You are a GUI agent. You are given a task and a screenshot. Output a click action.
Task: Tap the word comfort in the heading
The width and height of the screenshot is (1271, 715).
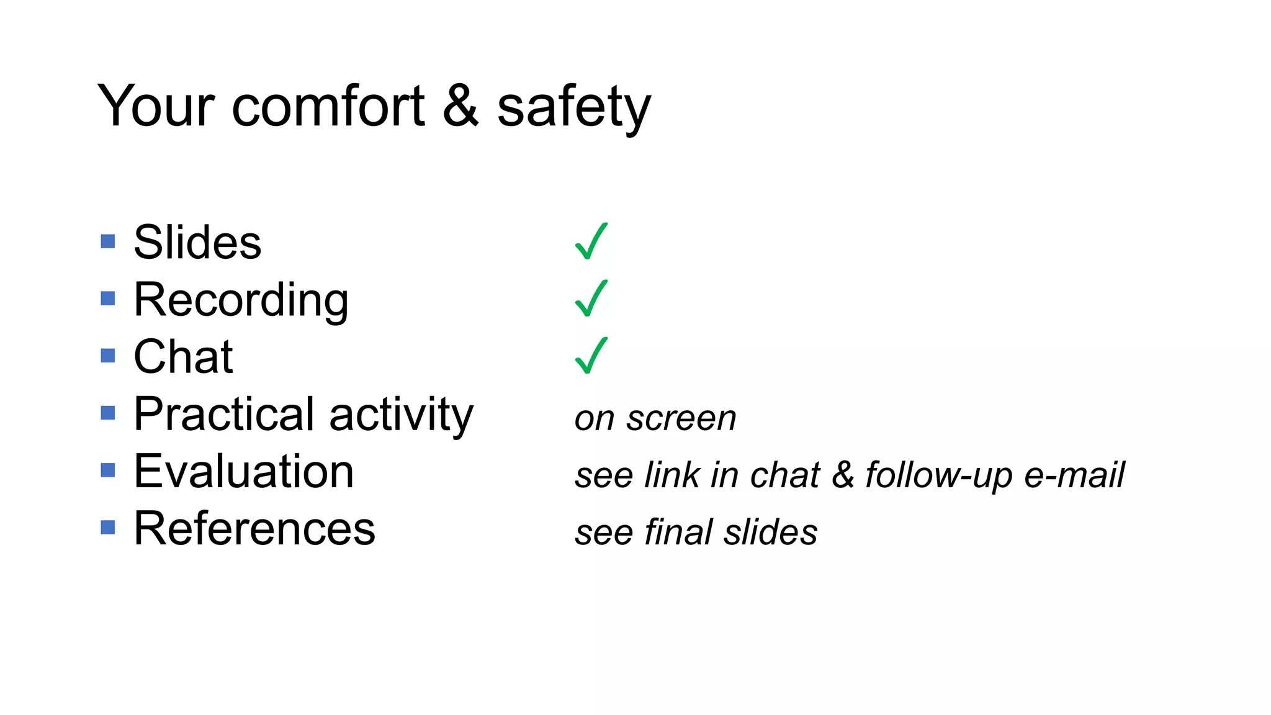click(328, 106)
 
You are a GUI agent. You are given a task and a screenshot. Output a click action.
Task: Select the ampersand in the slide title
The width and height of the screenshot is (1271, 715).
click(460, 106)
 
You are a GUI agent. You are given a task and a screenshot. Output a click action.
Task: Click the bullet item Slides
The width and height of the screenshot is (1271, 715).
click(197, 242)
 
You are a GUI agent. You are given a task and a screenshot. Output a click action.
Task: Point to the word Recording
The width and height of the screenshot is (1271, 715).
click(241, 300)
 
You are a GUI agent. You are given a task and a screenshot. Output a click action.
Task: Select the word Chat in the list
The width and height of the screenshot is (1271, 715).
click(183, 357)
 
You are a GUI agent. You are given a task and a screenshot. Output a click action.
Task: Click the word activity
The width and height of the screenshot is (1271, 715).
click(402, 414)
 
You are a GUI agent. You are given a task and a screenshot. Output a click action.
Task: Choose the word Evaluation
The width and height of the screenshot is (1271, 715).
click(244, 472)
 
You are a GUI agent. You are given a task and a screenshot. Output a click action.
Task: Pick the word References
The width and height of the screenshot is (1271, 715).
click(254, 529)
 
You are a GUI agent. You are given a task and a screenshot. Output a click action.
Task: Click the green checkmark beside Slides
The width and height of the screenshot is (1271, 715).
click(591, 241)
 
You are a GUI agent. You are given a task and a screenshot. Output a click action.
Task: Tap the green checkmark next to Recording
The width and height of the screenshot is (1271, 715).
click(591, 299)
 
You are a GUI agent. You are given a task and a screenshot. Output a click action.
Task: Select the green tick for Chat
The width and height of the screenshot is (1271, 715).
click(591, 356)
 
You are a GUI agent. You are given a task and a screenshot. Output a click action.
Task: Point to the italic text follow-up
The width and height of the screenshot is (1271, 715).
click(939, 475)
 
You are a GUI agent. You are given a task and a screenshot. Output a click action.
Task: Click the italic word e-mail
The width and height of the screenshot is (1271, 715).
click(1074, 475)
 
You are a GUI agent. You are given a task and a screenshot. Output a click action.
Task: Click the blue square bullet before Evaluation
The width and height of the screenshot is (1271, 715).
click(108, 470)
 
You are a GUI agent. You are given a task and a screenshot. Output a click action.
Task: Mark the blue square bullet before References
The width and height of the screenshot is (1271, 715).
click(108, 527)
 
